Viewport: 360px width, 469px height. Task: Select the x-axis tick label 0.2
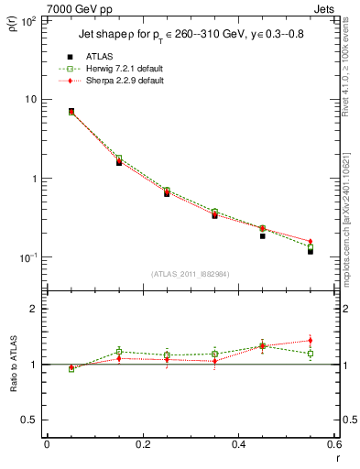141,444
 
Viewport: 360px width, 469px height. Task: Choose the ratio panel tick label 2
32,310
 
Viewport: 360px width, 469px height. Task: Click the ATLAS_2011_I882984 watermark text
191,274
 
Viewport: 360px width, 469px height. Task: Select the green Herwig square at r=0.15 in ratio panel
119,351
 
